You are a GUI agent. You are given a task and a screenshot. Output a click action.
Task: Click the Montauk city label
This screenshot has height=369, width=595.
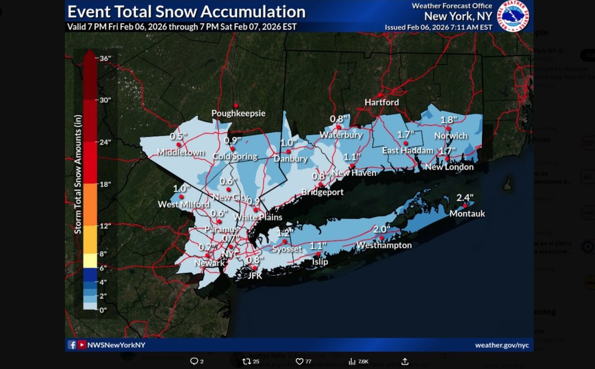467,214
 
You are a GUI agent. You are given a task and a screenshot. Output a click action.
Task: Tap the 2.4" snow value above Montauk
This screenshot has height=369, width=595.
465,197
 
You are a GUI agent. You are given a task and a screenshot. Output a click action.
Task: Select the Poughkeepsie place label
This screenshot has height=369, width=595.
238,114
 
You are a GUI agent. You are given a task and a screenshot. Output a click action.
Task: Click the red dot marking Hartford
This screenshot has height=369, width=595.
380,95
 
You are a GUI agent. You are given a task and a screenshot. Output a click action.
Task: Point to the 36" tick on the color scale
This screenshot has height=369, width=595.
105,58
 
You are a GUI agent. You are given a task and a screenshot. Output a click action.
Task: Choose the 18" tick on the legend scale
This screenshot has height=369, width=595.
105,184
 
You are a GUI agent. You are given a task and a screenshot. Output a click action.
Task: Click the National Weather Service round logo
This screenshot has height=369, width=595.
513,16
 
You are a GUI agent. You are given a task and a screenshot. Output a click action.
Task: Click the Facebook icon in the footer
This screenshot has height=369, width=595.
72,345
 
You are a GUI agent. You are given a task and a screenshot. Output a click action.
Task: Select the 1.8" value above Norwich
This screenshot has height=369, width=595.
448,120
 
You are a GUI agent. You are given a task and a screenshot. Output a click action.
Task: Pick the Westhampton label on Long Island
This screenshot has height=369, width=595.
384,246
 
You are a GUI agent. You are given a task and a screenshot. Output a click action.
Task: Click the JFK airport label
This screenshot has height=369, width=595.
254,276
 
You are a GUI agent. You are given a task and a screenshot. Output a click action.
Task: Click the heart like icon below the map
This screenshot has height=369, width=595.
299,362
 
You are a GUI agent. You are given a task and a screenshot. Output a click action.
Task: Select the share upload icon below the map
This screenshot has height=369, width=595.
405,362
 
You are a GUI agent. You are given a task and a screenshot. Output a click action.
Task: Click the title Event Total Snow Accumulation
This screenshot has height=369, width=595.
186,11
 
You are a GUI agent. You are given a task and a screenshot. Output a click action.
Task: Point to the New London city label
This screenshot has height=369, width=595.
449,167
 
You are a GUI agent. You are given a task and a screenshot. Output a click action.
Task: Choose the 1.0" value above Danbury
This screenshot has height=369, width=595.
289,142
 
